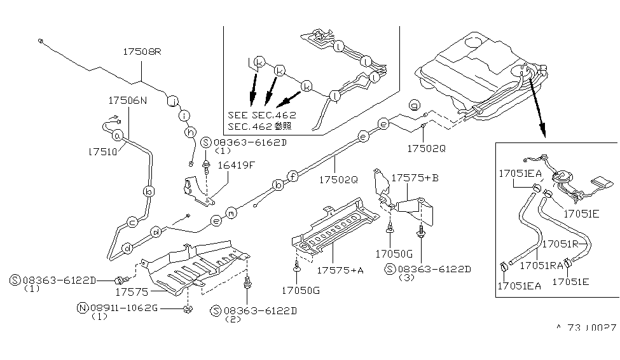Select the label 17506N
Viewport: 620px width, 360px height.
pyautogui.click(x=127, y=100)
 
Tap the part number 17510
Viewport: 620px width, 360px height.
pyautogui.click(x=101, y=153)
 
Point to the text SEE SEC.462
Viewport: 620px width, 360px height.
pyautogui.click(x=261, y=115)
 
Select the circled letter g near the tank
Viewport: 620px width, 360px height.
pyautogui.click(x=414, y=105)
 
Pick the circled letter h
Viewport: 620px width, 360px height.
pyautogui.click(x=189, y=131)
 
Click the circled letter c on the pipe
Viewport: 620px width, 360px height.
pyautogui.click(x=133, y=222)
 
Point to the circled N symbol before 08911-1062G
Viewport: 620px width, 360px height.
pyautogui.click(x=81, y=308)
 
